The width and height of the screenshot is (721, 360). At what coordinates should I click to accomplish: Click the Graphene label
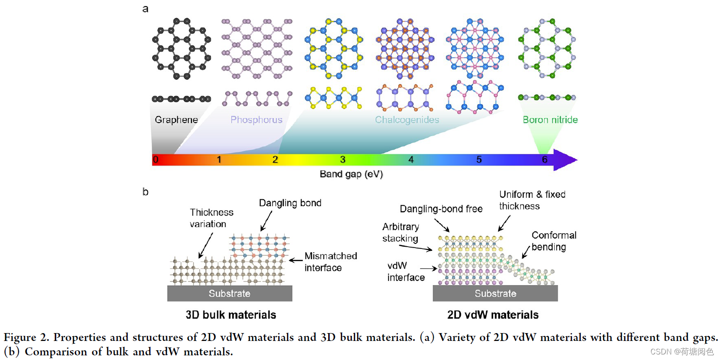coord(176,120)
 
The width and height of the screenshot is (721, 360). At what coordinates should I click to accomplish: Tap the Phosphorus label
coord(256,120)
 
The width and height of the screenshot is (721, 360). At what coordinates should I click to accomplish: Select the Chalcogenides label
coord(407,120)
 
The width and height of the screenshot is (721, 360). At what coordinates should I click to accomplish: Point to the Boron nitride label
coord(550,120)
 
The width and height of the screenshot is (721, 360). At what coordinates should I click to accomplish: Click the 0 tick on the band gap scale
coord(156,160)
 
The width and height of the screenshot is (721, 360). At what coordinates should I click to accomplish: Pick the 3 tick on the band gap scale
coord(343,160)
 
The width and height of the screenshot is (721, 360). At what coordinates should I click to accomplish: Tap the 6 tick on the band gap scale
coord(545,160)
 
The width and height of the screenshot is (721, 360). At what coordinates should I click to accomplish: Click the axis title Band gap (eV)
coord(351,174)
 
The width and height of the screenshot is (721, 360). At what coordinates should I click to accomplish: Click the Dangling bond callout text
coord(290,203)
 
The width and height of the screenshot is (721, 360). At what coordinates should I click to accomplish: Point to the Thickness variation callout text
coord(212,218)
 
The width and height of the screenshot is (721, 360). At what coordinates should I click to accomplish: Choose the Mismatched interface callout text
coord(331,262)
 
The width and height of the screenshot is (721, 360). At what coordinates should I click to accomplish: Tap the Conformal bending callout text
coord(554,241)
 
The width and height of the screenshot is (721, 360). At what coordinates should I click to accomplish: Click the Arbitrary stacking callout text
coord(401,232)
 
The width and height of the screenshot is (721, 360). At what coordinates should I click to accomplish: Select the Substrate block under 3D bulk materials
coord(229,293)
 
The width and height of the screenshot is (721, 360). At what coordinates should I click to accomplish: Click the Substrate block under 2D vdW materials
coord(495,293)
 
